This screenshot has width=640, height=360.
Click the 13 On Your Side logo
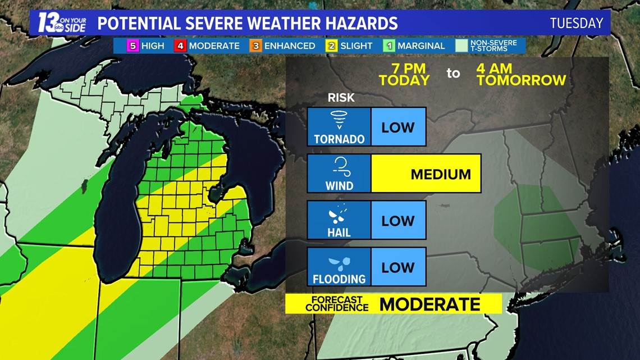[x=62, y=23]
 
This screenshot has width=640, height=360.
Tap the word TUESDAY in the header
[x=576, y=24]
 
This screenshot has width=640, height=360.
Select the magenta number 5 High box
[x=132, y=45]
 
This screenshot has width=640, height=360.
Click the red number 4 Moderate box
[x=180, y=45]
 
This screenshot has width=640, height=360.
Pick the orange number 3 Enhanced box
[x=255, y=45]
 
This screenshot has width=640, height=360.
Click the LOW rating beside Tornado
[x=397, y=127]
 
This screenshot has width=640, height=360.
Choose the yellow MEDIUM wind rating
[x=440, y=174]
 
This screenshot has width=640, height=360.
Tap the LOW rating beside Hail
[x=397, y=220]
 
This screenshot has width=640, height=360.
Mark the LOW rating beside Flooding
[x=397, y=267]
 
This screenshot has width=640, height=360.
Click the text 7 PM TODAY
[x=404, y=74]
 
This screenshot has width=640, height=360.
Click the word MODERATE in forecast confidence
[x=429, y=304]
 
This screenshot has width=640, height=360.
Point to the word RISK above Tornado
[x=341, y=98]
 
